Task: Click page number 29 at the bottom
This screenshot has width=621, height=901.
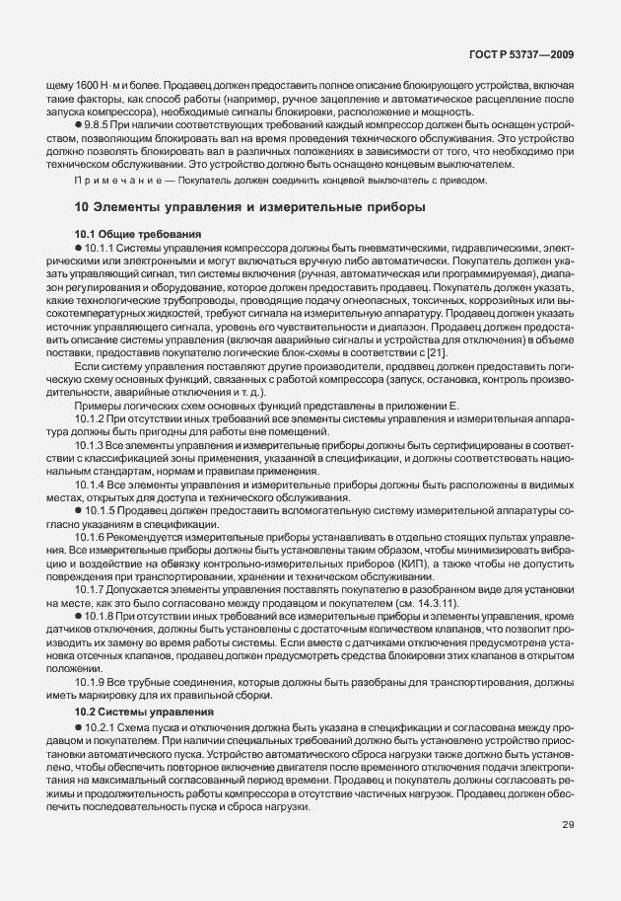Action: click(x=568, y=824)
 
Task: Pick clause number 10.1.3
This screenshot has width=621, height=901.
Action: click(x=92, y=445)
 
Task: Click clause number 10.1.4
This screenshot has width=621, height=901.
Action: click(x=92, y=485)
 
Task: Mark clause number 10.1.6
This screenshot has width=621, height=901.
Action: click(x=92, y=537)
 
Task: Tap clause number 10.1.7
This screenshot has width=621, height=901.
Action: click(x=92, y=590)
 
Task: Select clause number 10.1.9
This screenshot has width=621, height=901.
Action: click(x=92, y=683)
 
